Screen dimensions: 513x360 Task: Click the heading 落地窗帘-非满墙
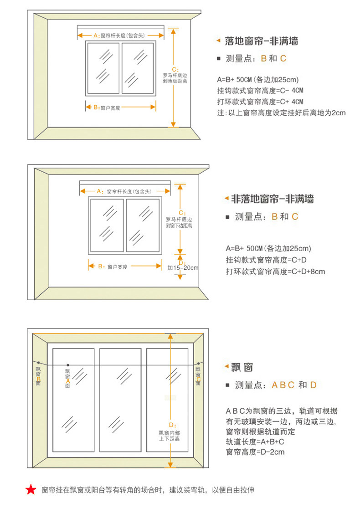[262, 41]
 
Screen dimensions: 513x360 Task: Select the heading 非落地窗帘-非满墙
[273, 199]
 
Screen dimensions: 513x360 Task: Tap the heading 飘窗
[242, 367]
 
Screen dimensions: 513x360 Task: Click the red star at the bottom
[31, 490]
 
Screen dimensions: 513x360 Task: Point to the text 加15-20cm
[182, 268]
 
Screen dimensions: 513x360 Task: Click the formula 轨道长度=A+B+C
[255, 442]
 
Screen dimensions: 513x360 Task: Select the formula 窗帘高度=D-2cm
[255, 452]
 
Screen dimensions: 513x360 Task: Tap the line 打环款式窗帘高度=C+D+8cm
[275, 272]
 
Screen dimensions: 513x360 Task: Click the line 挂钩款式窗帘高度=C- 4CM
[260, 90]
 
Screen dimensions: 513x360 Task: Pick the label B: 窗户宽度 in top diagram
[107, 108]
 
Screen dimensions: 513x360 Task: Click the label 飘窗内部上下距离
[169, 436]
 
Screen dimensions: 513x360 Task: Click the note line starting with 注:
[281, 113]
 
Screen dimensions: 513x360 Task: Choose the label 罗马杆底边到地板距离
[175, 78]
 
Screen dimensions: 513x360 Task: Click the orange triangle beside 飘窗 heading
[226, 367]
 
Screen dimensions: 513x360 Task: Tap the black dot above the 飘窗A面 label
[67, 364]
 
